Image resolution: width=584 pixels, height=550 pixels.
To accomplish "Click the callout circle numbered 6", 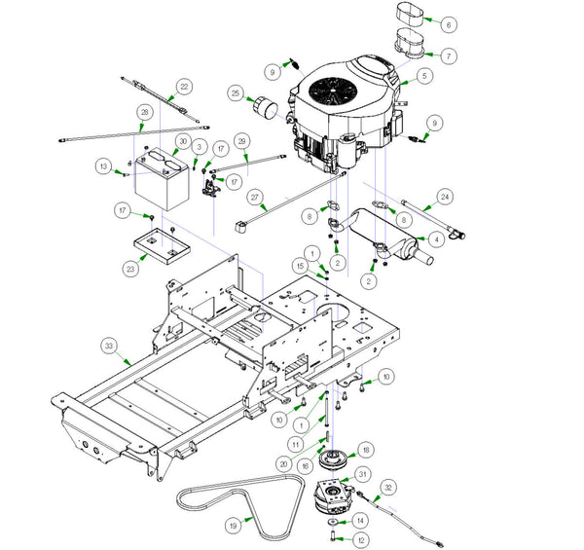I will [448, 24].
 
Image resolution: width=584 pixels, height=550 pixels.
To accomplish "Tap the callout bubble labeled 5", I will [424, 75].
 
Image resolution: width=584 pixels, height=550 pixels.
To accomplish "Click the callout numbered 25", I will [236, 93].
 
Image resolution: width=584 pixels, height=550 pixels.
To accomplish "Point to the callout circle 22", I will [185, 88].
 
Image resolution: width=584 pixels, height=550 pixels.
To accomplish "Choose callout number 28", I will [145, 113].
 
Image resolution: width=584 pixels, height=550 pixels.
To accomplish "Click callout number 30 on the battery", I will [180, 141].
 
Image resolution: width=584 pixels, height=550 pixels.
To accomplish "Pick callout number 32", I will [387, 487].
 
